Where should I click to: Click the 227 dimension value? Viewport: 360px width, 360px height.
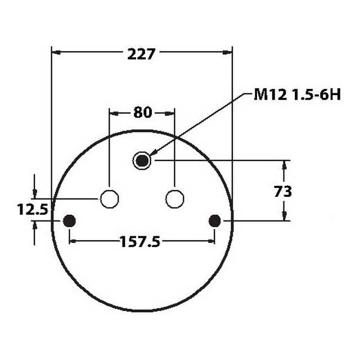142,54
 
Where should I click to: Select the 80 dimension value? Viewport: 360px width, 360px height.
142,112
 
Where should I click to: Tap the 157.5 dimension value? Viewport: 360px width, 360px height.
140,242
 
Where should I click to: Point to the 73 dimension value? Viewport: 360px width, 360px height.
283,191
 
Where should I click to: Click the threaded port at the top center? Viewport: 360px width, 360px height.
142,161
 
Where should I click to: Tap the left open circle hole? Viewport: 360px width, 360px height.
109,199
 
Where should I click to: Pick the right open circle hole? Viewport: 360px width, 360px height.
175,199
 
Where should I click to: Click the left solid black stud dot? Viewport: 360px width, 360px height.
69,221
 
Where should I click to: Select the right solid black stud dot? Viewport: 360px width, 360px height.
214,221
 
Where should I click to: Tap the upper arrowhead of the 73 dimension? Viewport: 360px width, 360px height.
284,165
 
